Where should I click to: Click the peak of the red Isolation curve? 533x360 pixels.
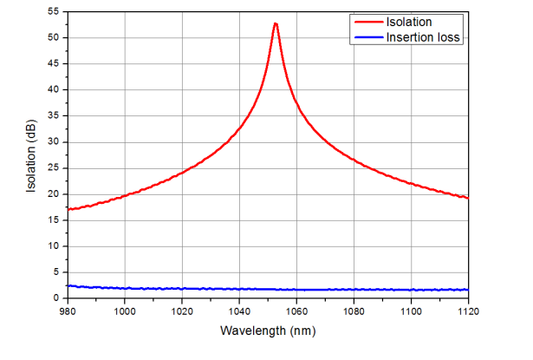point(275,23)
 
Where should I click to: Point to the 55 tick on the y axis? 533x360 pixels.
point(54,11)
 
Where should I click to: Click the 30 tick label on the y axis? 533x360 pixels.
point(54,142)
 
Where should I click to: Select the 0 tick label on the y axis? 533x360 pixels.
point(56,298)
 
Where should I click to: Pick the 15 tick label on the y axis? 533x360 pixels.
point(54,220)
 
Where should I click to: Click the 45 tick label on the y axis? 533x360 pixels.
point(54,64)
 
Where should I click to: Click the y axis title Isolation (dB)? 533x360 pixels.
point(32,154)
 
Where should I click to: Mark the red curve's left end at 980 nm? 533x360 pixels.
point(68,209)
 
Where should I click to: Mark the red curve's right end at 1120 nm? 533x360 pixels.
point(468,198)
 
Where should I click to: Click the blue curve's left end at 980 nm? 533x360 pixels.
point(68,285)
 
